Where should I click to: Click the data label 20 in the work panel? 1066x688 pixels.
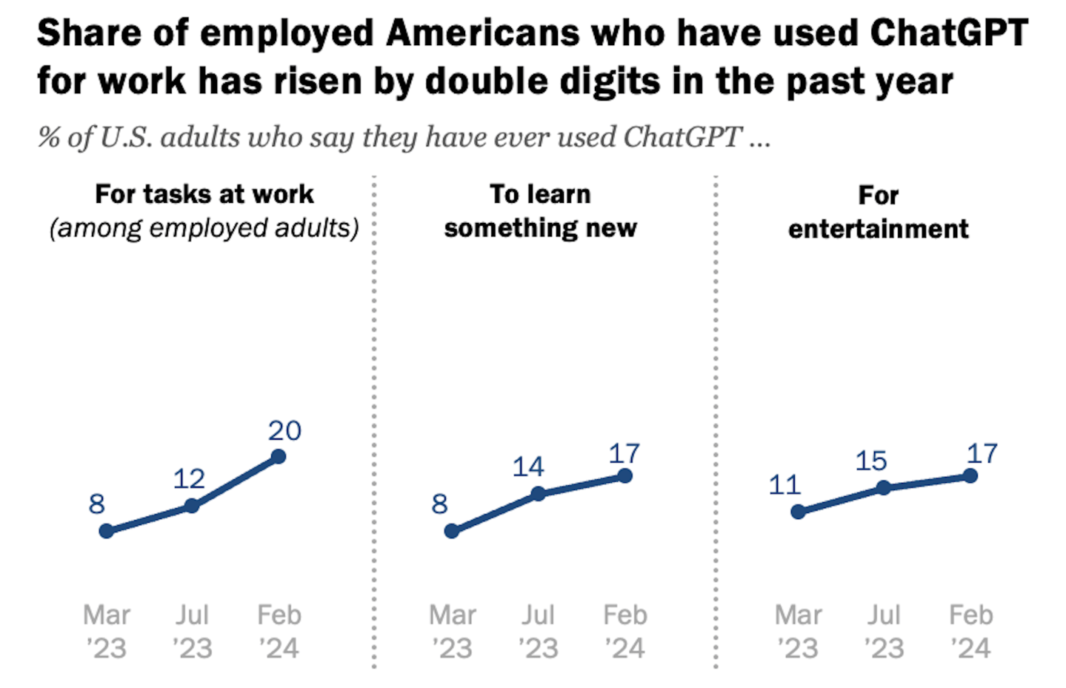click(284, 430)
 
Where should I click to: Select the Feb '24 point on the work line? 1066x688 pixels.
click(279, 456)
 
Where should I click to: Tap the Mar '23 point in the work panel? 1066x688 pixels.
click(107, 531)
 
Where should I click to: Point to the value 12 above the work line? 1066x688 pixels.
click(189, 478)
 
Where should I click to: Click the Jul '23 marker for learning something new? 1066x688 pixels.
click(539, 493)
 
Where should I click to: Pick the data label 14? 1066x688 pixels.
click(528, 467)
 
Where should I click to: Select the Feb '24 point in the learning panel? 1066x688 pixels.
click(625, 475)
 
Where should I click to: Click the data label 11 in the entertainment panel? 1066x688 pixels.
click(784, 485)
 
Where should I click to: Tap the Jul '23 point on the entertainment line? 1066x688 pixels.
click(884, 487)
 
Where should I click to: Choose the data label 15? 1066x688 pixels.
click(871, 461)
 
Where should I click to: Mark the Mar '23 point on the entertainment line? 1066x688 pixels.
click(798, 512)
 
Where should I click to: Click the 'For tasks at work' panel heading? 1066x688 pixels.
click(204, 194)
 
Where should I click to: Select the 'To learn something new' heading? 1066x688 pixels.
click(540, 211)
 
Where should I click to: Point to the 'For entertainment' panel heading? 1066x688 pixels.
click(878, 212)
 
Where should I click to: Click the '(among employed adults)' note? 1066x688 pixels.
click(204, 228)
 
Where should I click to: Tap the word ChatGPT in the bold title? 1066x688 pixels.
click(948, 33)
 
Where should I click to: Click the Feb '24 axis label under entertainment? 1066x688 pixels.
click(970, 632)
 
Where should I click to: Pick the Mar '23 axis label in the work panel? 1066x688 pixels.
click(107, 632)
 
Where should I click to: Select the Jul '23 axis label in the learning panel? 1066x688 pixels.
click(539, 632)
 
